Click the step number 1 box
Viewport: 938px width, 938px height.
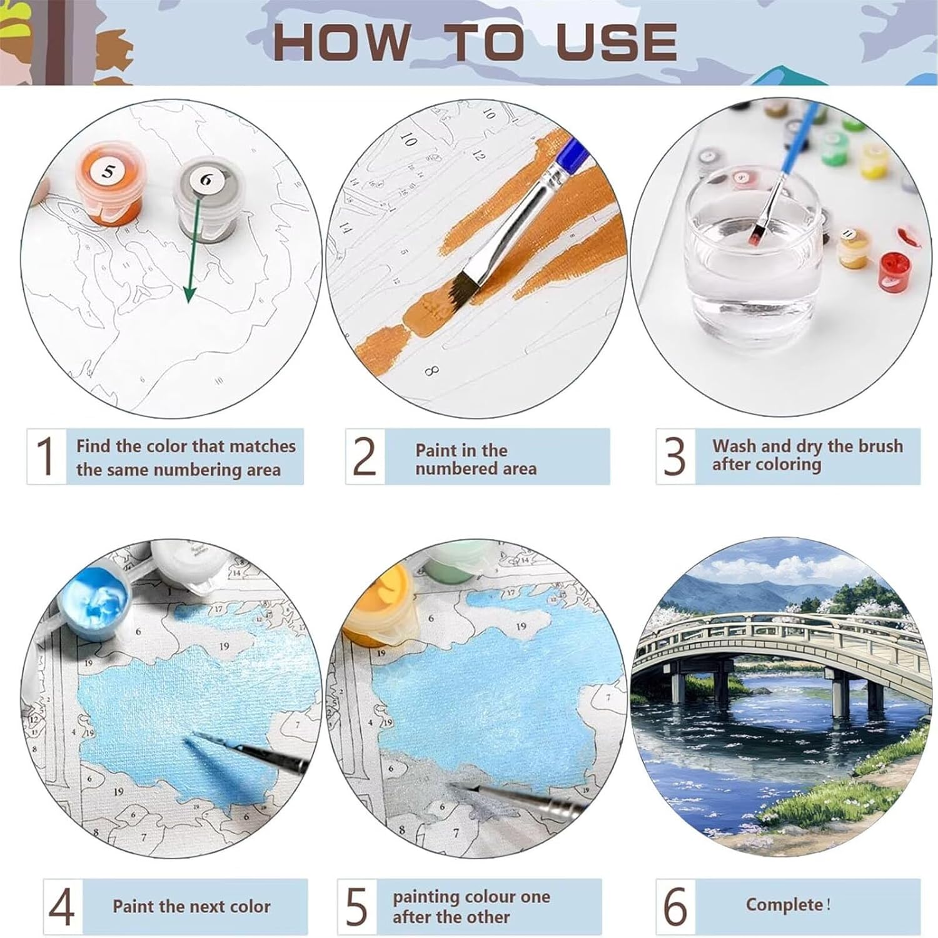46,456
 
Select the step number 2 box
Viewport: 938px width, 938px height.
365,456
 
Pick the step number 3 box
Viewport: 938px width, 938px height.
675,456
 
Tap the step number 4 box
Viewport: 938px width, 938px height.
63,908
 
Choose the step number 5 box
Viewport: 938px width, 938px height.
357,908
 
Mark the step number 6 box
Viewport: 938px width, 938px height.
675,908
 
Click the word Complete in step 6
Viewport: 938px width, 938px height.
785,905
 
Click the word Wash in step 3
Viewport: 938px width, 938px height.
735,446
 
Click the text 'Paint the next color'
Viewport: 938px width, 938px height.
191,906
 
